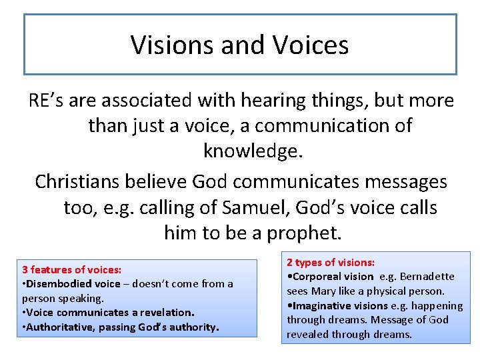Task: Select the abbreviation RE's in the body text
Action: (46, 101)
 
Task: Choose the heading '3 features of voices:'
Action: (71, 270)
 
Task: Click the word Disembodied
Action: (55, 284)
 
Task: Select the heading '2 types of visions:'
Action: (331, 263)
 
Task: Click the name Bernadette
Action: (428, 277)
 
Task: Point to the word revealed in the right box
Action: (308, 335)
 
